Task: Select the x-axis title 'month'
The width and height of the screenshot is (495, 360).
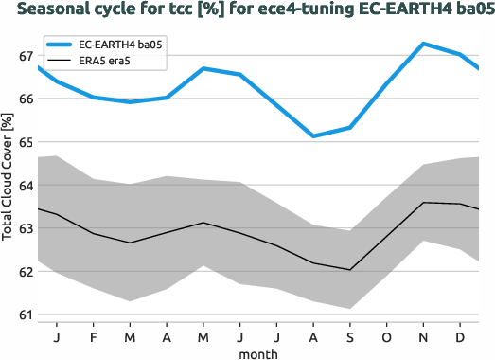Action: click(x=258, y=353)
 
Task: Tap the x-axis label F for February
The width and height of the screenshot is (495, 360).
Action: click(x=94, y=335)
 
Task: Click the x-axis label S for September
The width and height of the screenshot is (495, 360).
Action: click(x=350, y=335)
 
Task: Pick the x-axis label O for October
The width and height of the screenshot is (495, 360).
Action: click(x=386, y=335)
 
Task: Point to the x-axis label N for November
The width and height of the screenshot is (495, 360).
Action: click(x=423, y=335)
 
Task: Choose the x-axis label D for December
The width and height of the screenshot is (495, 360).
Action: click(x=460, y=335)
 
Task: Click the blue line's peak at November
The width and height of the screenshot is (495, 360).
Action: click(x=423, y=44)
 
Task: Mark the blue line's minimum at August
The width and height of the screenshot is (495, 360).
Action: click(x=313, y=136)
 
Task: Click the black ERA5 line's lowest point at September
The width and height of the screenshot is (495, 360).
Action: click(x=350, y=270)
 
